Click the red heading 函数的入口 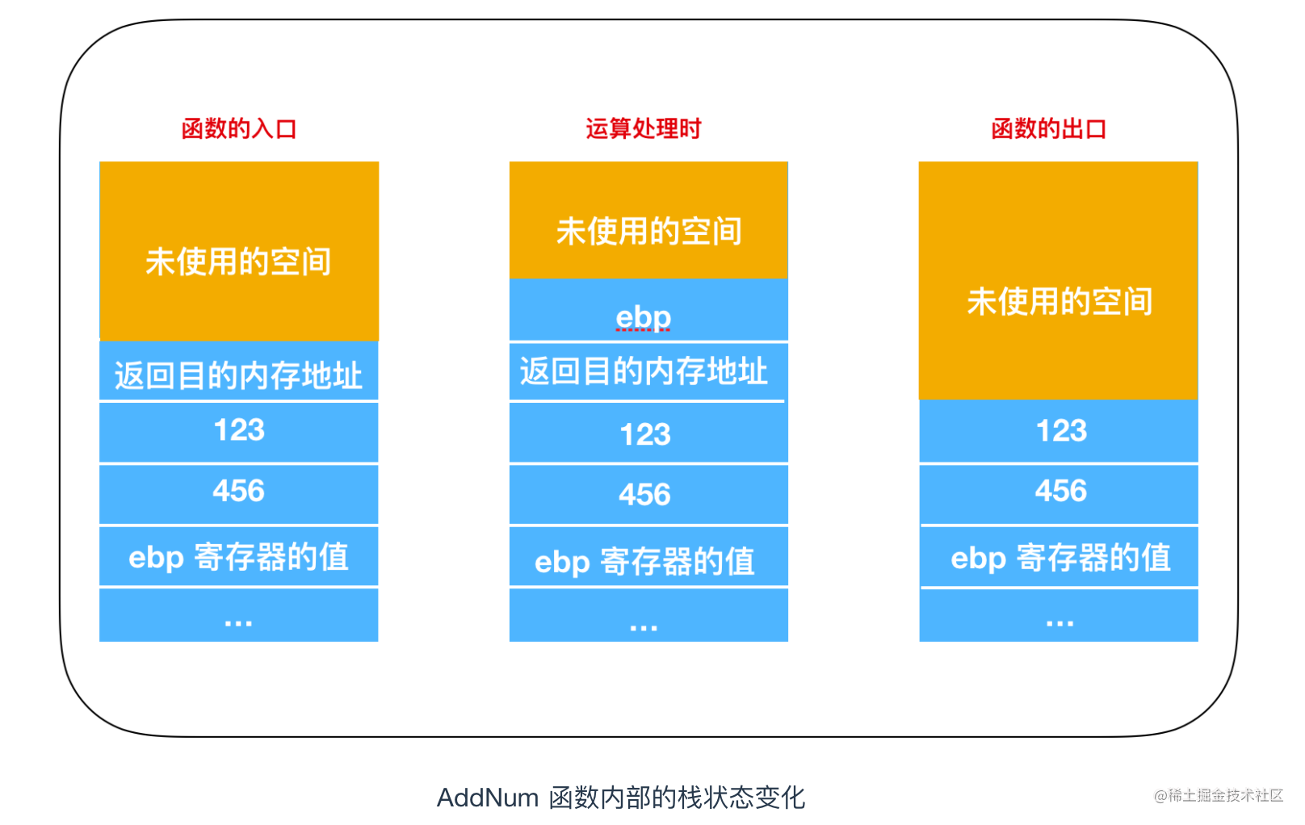[239, 128]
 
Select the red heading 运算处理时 [643, 128]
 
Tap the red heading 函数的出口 [1049, 128]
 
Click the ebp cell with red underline [648, 310]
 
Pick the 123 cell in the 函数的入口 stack [239, 432]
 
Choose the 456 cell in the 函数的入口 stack [239, 494]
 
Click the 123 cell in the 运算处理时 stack [648, 433]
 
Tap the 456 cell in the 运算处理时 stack [648, 494]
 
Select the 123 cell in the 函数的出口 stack [1059, 431]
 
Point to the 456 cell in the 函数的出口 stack [1059, 494]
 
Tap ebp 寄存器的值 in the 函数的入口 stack [239, 556]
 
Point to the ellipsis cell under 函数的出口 [1059, 615]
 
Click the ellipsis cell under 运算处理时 [648, 615]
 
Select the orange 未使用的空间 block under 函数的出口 [1059, 281]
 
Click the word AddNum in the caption [488, 798]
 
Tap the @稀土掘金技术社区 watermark [1219, 795]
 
